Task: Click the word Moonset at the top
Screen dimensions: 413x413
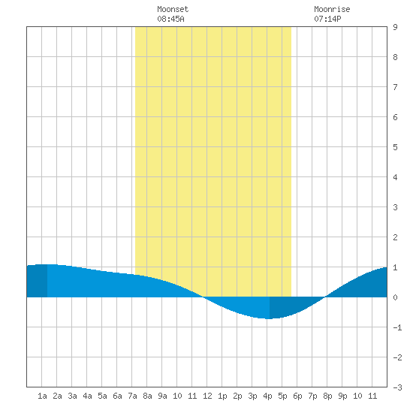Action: click(173, 9)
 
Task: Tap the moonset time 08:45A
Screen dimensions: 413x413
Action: click(170, 19)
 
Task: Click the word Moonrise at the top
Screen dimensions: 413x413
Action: click(332, 9)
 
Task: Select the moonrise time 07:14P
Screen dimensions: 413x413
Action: click(327, 19)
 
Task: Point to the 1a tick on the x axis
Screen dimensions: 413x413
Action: click(42, 396)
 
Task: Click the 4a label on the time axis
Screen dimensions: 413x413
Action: click(87, 396)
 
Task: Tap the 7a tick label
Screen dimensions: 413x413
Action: click(132, 396)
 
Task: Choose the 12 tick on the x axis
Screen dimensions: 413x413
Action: click(207, 396)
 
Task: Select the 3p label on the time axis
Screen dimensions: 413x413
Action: click(252, 396)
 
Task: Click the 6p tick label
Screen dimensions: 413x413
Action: click(297, 396)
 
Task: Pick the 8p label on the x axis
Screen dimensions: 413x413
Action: click(327, 396)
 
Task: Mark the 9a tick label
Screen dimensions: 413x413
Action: click(162, 396)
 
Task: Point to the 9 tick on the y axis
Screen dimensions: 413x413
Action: click(395, 27)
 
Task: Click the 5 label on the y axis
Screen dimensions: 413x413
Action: click(395, 147)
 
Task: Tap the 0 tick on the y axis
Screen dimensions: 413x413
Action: click(395, 297)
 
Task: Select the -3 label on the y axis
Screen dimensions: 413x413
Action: click(397, 387)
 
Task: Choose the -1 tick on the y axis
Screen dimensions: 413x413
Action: click(397, 327)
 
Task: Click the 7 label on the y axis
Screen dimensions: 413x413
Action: click(395, 87)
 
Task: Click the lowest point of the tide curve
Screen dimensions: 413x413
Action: click(268, 318)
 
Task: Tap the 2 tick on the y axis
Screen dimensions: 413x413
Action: click(395, 237)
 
